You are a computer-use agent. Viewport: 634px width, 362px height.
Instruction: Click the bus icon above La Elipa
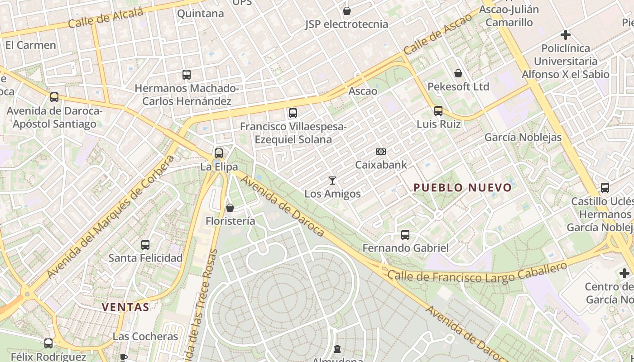pyautogui.click(x=219, y=153)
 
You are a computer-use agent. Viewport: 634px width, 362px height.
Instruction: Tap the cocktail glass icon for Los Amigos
pyautogui.click(x=332, y=181)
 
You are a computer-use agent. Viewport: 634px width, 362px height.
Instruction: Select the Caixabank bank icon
pyautogui.click(x=381, y=152)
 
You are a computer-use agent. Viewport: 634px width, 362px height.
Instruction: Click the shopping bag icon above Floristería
pyautogui.click(x=230, y=208)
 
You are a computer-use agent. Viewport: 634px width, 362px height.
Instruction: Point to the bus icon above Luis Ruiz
pyautogui.click(x=438, y=110)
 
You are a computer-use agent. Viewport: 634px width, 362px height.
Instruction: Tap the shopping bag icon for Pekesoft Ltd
pyautogui.click(x=458, y=73)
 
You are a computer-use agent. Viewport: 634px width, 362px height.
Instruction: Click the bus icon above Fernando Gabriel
pyautogui.click(x=405, y=235)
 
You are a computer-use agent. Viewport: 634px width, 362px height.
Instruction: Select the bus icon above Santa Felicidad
pyautogui.click(x=145, y=245)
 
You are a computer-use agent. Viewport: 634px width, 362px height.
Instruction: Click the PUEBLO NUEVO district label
pyautogui.click(x=462, y=187)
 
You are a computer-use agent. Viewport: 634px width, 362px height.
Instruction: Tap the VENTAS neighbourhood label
pyautogui.click(x=125, y=307)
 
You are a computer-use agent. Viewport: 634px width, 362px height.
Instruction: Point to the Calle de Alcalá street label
pyautogui.click(x=106, y=18)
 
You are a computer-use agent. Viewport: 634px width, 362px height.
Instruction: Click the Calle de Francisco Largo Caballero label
pyautogui.click(x=477, y=273)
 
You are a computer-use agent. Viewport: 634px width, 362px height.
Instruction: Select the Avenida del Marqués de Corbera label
pyautogui.click(x=110, y=218)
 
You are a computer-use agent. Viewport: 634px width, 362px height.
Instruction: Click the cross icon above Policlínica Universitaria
pyautogui.click(x=565, y=34)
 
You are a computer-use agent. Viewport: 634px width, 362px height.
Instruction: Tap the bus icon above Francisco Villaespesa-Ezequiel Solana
pyautogui.click(x=293, y=113)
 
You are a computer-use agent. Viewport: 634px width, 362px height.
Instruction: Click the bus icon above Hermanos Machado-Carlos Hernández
pyautogui.click(x=187, y=75)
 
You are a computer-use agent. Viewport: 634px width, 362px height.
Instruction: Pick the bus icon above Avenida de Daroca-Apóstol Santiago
pyautogui.click(x=54, y=97)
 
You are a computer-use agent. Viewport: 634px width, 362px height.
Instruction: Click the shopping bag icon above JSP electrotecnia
pyautogui.click(x=347, y=11)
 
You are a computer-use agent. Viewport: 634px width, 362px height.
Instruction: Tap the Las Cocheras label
pyautogui.click(x=145, y=337)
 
